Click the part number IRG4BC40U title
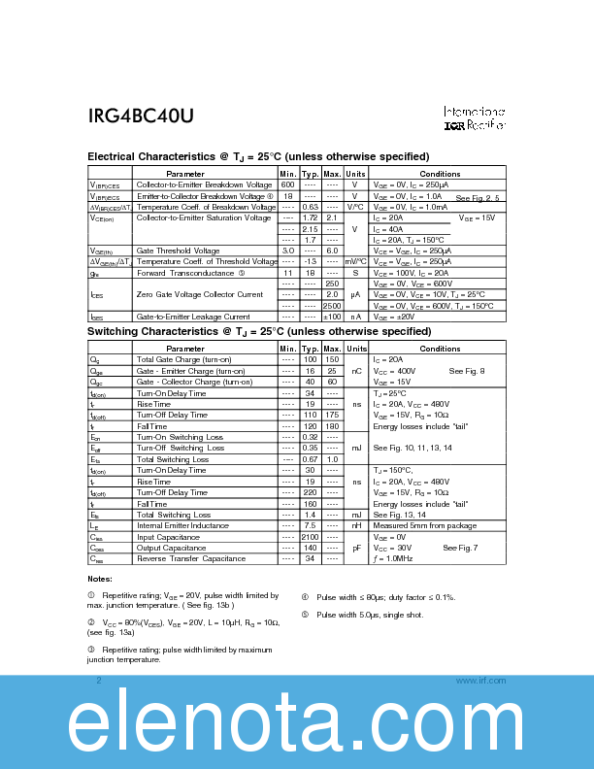pyautogui.click(x=141, y=116)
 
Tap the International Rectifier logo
pyautogui.click(x=475, y=118)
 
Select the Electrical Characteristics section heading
pyautogui.click(x=258, y=156)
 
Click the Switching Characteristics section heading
pyautogui.click(x=258, y=331)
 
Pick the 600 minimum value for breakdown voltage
pyautogui.click(x=287, y=184)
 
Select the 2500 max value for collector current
pyautogui.click(x=332, y=306)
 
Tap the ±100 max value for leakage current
pyautogui.click(x=332, y=317)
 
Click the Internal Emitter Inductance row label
pyautogui.click(x=188, y=525)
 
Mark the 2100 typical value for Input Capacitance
pyautogui.click(x=311, y=537)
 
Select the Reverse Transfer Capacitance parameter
pyautogui.click(x=191, y=558)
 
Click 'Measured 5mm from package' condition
pyautogui.click(x=424, y=525)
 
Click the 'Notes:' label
pyautogui.click(x=99, y=579)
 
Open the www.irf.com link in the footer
pyautogui.click(x=480, y=681)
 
